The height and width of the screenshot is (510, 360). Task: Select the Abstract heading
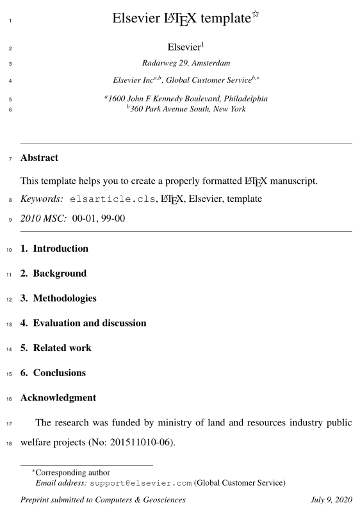pyautogui.click(x=39, y=158)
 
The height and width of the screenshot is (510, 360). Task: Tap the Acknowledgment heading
pyautogui.click(x=58, y=398)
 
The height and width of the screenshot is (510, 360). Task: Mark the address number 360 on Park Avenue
pyautogui.click(x=138, y=109)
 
